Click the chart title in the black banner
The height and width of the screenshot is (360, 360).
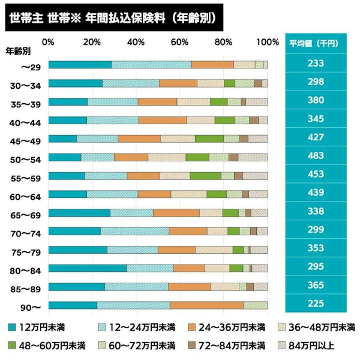pyautogui.click(x=113, y=17)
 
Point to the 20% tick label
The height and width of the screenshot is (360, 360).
pyautogui.click(x=92, y=43)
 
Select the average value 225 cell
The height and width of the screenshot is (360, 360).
pyautogui.click(x=315, y=304)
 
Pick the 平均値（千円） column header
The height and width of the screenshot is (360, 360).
pyautogui.click(x=315, y=44)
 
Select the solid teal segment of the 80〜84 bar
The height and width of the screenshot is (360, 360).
pyautogui.click(x=88, y=268)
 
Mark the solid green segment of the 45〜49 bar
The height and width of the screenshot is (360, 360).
pyautogui.click(x=209, y=139)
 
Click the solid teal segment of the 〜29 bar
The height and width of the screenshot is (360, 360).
pyautogui.click(x=80, y=65)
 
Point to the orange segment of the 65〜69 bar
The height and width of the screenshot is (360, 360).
pyautogui.click(x=176, y=213)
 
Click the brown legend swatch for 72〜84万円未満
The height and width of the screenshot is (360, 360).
pyautogui.click(x=191, y=346)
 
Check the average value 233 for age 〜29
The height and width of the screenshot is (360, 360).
pyautogui.click(x=315, y=64)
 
